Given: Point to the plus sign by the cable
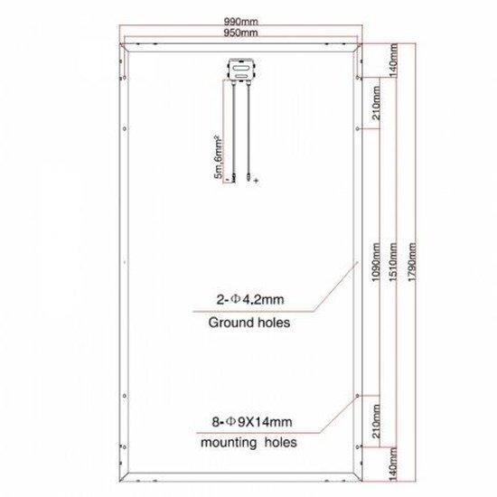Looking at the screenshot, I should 257,182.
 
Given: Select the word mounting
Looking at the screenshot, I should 226,445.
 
